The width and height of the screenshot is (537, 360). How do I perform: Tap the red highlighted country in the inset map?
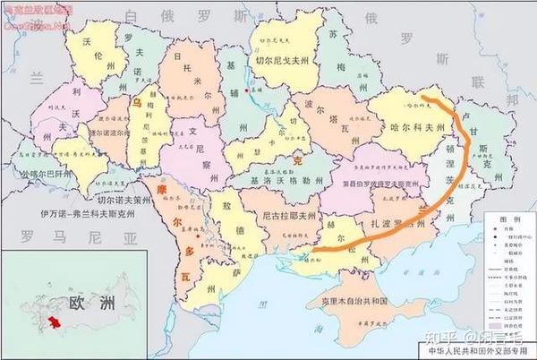56,321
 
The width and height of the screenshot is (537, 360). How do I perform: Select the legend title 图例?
509,219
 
